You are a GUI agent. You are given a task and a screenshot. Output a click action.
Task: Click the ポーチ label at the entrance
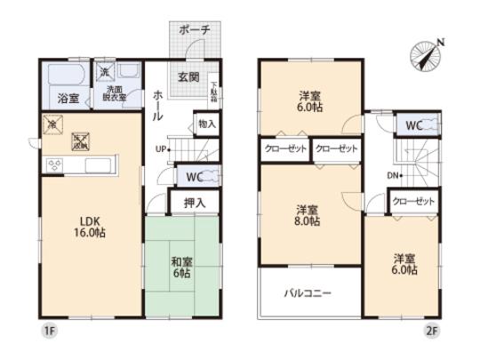tap(194, 29)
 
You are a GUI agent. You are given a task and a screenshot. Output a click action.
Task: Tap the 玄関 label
tap(186, 76)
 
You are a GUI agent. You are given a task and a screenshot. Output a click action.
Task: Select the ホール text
tap(157, 104)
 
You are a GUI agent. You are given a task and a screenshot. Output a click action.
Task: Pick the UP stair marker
tap(161, 148)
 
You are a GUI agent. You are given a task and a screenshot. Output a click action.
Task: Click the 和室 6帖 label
tap(182, 268)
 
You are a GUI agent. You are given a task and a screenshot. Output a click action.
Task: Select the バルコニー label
tap(308, 291)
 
